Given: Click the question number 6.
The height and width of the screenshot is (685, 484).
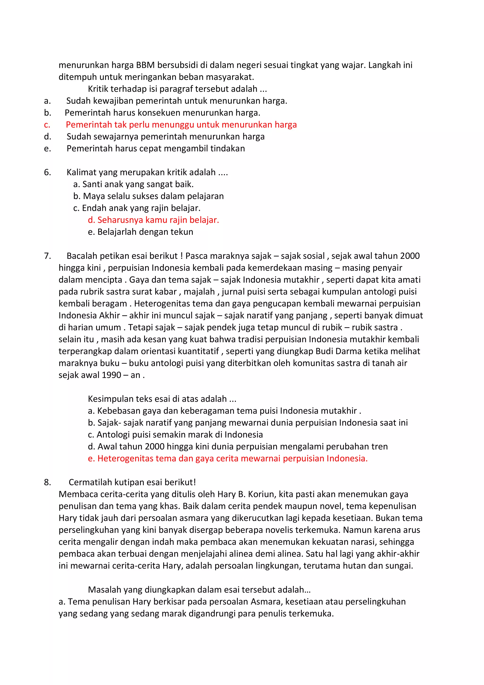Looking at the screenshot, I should pos(47,172).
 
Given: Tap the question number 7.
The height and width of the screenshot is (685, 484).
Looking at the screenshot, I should pos(47,256).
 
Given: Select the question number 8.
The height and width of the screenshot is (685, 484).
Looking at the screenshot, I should pos(47,482).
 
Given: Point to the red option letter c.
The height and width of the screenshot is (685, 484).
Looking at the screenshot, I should pos(47,125).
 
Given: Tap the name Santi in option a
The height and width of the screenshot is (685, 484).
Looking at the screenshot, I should pos(92,184).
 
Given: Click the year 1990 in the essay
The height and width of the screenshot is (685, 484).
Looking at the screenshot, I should pos(111,375).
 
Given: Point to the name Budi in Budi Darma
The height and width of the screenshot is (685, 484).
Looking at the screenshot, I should pos(323,351).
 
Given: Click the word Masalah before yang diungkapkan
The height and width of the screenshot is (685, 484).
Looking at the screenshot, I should pos(105,590).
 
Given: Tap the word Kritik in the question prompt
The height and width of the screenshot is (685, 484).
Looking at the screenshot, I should pos(98,89).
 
